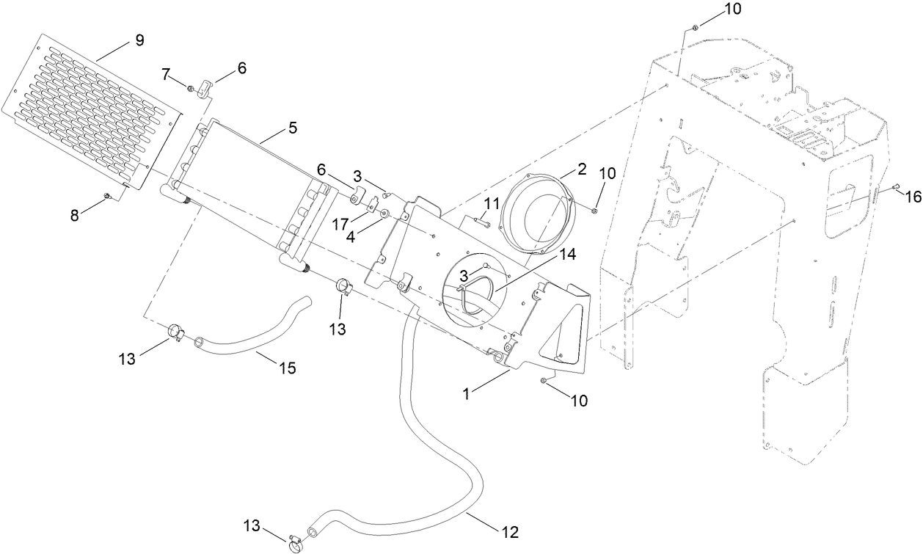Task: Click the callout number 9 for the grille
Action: (139, 40)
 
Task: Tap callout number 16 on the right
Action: (912, 196)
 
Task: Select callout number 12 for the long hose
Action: (512, 530)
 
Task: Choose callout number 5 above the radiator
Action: (292, 128)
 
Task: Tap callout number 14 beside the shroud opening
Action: (566, 255)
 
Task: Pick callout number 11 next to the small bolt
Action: (491, 203)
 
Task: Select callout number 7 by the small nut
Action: (166, 74)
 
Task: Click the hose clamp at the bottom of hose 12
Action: (296, 542)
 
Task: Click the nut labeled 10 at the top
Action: (693, 28)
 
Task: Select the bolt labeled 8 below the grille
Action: (108, 196)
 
